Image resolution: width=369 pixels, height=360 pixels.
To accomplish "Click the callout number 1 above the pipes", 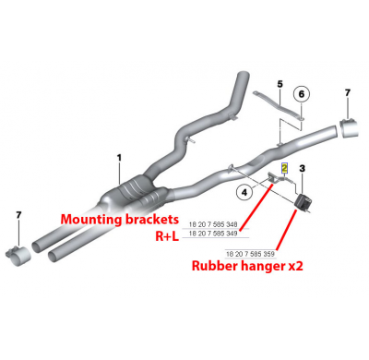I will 119,159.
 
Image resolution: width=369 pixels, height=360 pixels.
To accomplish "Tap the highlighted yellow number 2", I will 285,168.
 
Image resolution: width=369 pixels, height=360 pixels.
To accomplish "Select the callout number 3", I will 302,169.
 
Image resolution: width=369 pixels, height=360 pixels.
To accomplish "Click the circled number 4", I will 244,192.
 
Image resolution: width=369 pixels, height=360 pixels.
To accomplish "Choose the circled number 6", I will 303,93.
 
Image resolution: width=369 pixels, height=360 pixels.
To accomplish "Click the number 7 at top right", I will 348,92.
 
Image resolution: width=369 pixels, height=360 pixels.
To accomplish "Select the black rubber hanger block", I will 303,200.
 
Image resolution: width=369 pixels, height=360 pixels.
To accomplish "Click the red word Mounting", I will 93,219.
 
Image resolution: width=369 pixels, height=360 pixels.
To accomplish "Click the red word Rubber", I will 215,268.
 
